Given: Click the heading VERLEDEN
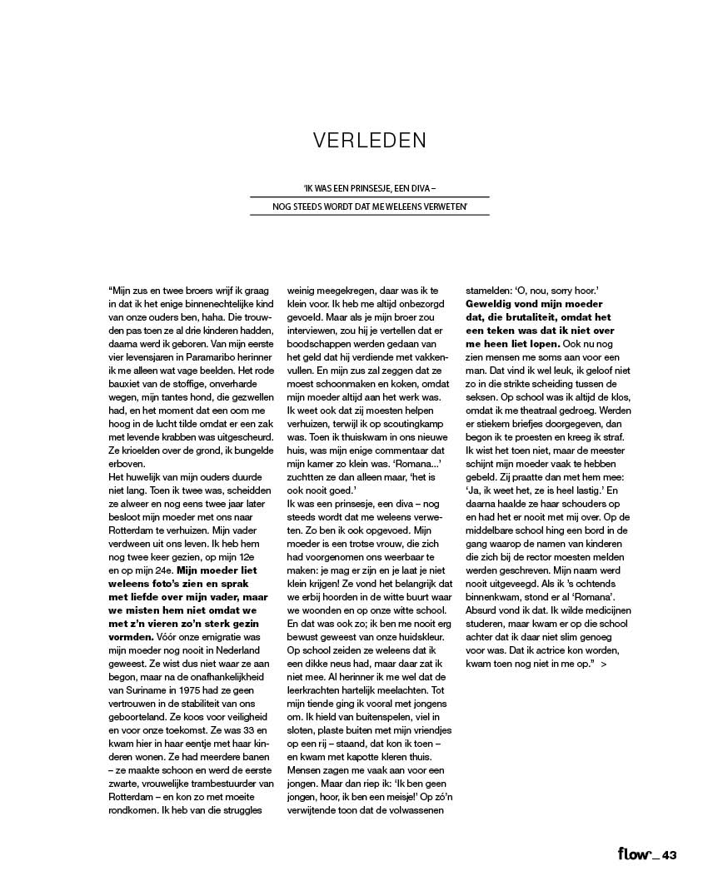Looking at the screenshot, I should [369, 140].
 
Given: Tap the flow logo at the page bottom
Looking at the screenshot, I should [636, 854].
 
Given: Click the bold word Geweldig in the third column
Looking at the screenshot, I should [491, 303].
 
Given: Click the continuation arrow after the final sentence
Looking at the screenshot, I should [603, 666].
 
